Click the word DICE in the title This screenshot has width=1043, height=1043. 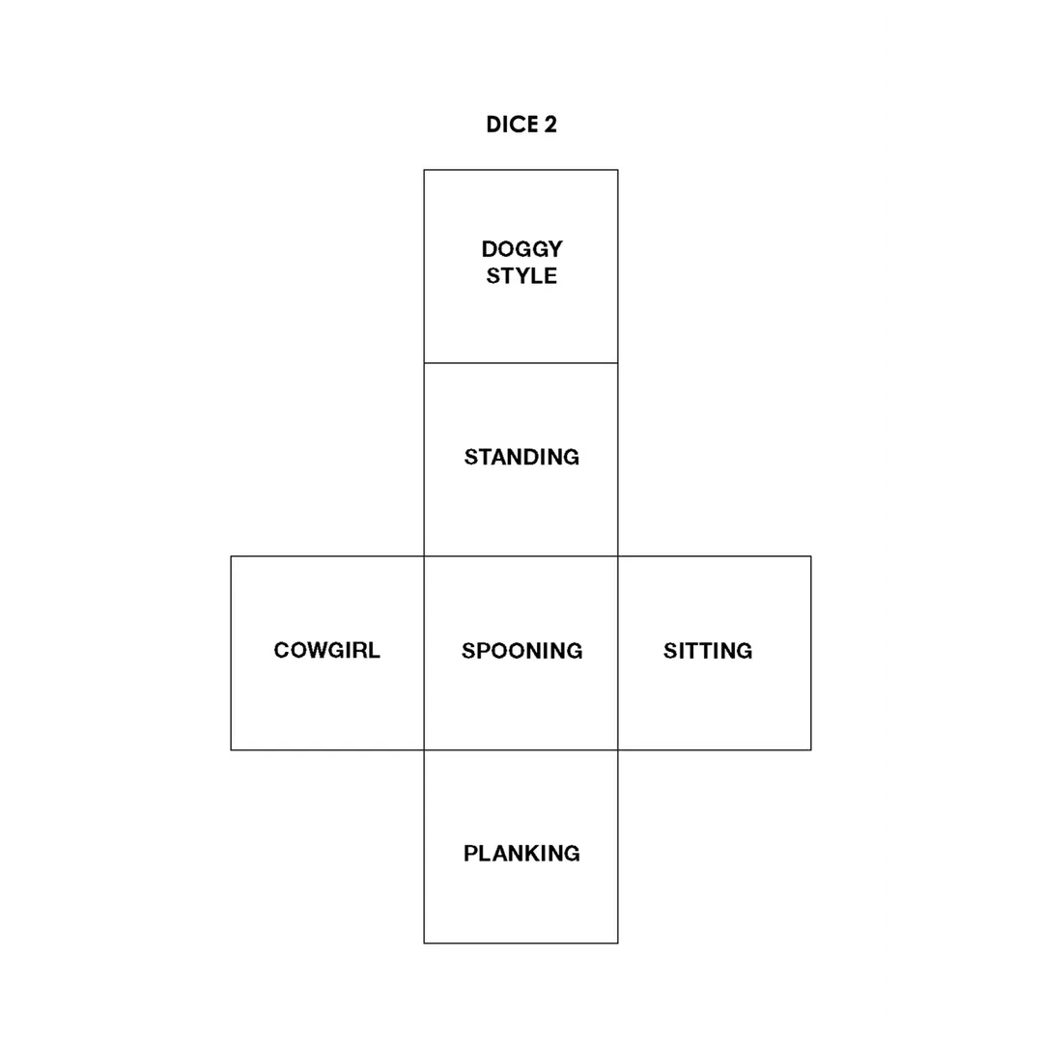coord(512,125)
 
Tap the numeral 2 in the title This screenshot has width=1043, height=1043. coord(550,125)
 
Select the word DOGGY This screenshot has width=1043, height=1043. coord(521,249)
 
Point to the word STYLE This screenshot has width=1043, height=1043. coord(521,276)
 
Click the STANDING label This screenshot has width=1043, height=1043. coord(521,457)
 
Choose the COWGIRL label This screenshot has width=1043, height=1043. coord(326,650)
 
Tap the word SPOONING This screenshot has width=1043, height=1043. coord(521,651)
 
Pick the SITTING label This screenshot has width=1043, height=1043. coord(708,651)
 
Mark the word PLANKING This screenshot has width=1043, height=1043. coord(521,854)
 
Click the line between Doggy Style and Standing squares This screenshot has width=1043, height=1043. coord(521,363)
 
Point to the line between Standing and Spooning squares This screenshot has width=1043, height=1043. coord(521,556)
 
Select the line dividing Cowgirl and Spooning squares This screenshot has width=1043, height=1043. coord(424,653)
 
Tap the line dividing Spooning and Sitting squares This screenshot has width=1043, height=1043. coord(618,653)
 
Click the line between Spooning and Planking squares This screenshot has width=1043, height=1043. coord(521,750)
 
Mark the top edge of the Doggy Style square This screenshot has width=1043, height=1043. coord(521,170)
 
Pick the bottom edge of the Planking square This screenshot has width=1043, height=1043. coord(521,944)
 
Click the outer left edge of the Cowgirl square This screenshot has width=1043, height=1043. coord(231,653)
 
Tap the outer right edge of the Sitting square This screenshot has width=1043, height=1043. coord(811,653)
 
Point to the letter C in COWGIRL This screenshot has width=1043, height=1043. coord(281,650)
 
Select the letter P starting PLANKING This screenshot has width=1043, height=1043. coord(470,854)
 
